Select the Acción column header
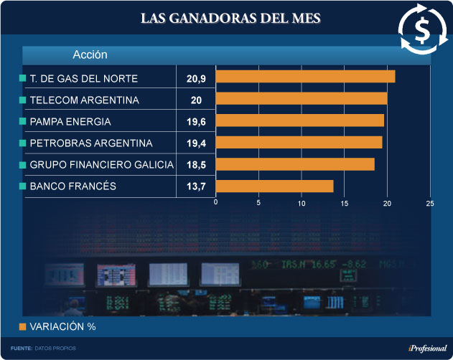(x=90, y=55)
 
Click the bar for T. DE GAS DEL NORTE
(x=305, y=77)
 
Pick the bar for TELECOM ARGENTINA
(x=302, y=99)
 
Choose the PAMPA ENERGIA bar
(x=300, y=120)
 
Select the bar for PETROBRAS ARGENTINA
(x=299, y=143)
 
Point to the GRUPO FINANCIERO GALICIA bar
(x=295, y=164)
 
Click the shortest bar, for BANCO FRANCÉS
(x=274, y=186)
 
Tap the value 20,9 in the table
(x=196, y=77)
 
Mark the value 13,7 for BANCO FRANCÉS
(x=196, y=186)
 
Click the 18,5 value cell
(x=196, y=165)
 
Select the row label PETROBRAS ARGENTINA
(x=91, y=143)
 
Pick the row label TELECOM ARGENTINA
(x=85, y=100)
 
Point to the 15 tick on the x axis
(x=345, y=203)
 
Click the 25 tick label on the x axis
(x=430, y=203)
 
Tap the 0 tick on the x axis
(x=216, y=203)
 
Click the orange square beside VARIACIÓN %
(x=22, y=327)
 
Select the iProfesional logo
(x=427, y=348)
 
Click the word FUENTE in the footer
(x=22, y=348)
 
